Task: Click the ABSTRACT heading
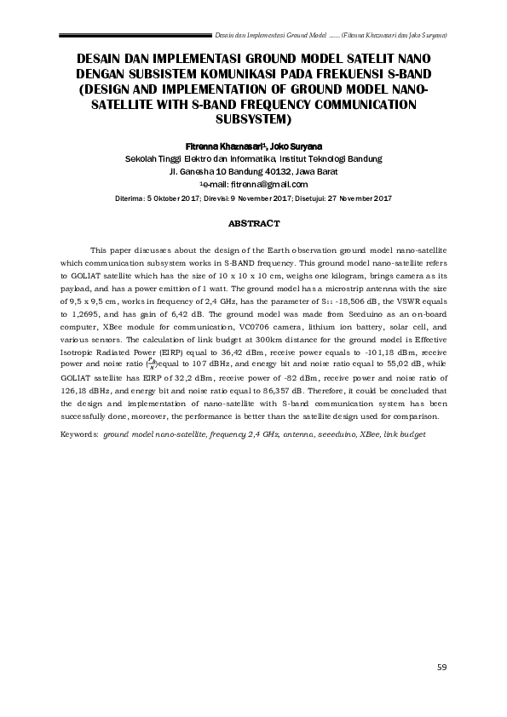(x=254, y=223)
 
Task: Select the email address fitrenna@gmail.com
(x=271, y=184)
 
